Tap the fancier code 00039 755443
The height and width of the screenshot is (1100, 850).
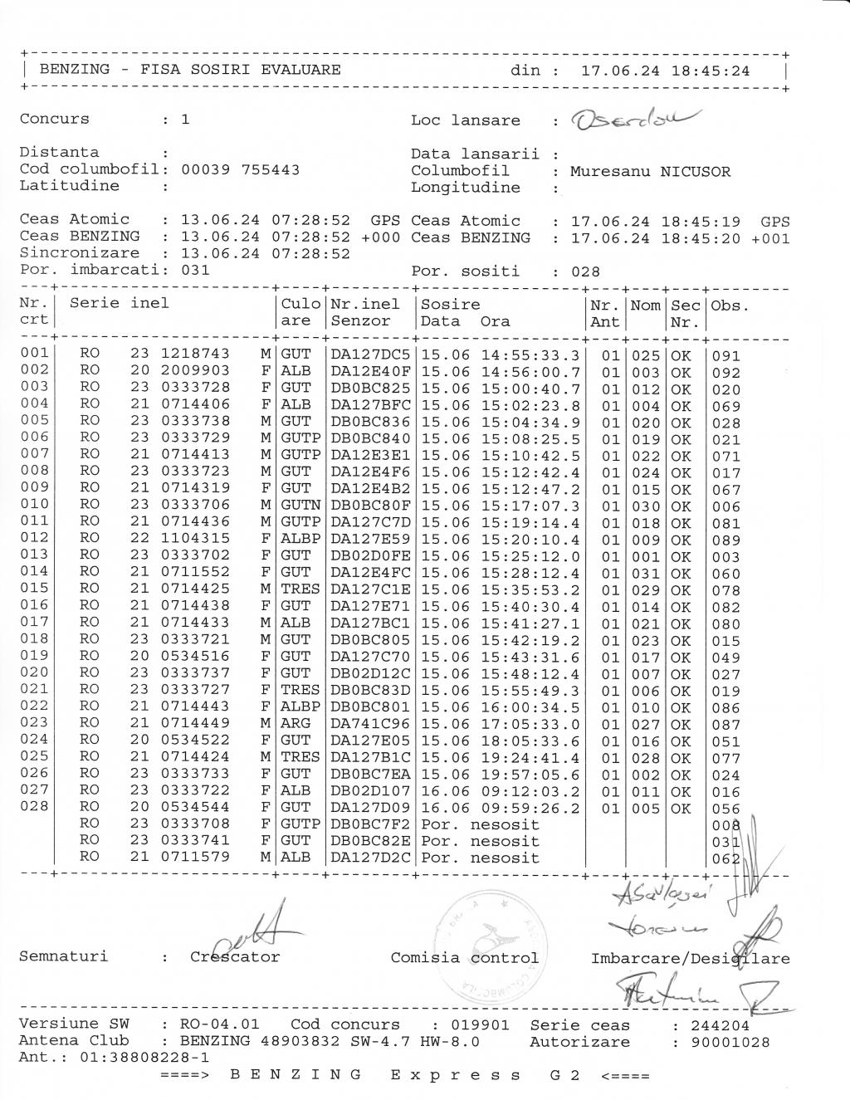pyautogui.click(x=241, y=169)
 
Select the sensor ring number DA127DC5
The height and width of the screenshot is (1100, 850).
pyautogui.click(x=370, y=355)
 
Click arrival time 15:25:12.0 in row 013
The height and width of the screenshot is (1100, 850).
pyautogui.click(x=530, y=556)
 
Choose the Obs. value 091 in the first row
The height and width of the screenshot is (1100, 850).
pyautogui.click(x=725, y=356)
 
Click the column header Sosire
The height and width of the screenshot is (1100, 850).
pyautogui.click(x=450, y=305)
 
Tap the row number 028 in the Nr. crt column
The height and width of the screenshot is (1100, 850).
pyautogui.click(x=34, y=806)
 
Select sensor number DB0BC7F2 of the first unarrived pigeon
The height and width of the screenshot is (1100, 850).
pyautogui.click(x=370, y=824)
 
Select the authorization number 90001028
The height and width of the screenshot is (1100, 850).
pyautogui.click(x=721, y=1042)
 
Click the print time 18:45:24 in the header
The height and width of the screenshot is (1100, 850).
pyautogui.click(x=710, y=71)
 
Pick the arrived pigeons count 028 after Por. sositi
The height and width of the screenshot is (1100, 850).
pyautogui.click(x=585, y=271)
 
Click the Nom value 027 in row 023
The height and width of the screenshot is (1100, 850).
pyautogui.click(x=645, y=724)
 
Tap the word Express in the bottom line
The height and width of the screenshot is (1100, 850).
pyautogui.click(x=456, y=1076)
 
